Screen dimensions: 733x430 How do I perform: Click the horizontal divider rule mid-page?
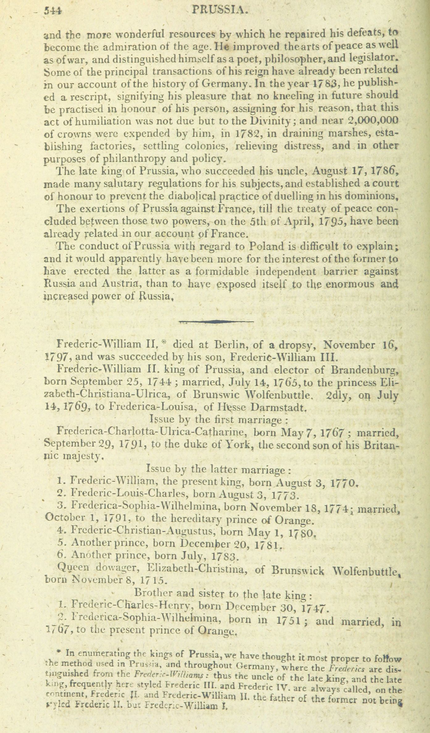click(216, 321)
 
